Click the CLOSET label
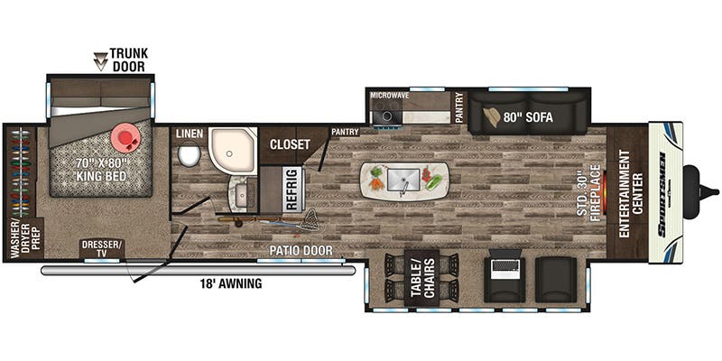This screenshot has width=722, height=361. (x=290, y=144)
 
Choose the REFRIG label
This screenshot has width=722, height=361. (x=292, y=190)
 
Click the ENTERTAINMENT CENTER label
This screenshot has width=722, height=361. (x=631, y=194)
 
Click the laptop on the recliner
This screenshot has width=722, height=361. (x=504, y=267)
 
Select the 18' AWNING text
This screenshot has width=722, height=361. (x=230, y=284)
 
